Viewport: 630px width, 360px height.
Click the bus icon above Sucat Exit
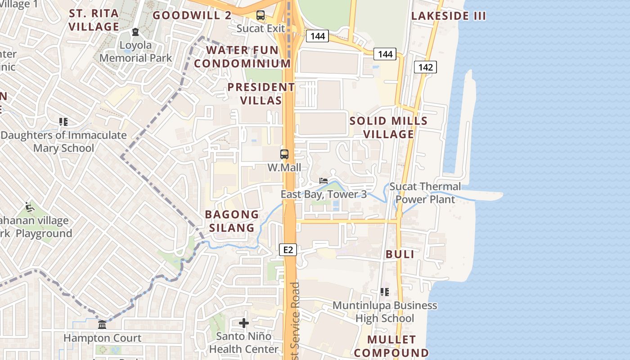pos(261,15)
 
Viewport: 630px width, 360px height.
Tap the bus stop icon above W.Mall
pos(284,154)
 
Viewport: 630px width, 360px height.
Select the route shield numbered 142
pos(425,67)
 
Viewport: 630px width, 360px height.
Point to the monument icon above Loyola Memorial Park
pos(135,32)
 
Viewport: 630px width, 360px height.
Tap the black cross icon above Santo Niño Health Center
pos(244,323)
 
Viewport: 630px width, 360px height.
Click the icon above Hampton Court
pos(102,325)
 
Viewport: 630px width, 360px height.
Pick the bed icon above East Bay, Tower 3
pos(323,181)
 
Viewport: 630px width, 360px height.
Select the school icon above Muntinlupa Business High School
pos(385,292)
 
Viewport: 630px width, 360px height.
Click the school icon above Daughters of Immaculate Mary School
pos(63,122)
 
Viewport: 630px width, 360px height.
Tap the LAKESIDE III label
pos(449,16)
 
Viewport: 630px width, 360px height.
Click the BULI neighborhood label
pos(400,254)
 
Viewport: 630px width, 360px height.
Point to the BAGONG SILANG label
pos(232,221)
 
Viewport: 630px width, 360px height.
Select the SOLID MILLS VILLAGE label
pos(388,127)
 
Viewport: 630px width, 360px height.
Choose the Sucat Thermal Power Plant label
pos(425,193)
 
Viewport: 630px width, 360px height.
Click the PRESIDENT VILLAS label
pos(261,94)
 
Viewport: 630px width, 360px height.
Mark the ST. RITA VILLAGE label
pos(94,20)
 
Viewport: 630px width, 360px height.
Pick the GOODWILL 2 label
pos(192,15)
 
